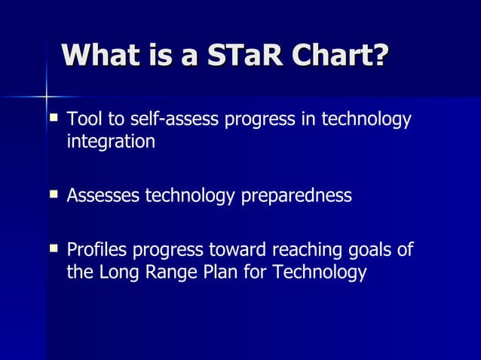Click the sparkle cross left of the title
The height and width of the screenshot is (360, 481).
click(46, 96)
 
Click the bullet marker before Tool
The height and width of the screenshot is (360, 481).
click(54, 118)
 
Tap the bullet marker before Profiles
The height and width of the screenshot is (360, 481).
click(54, 247)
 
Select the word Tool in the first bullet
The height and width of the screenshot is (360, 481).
click(82, 120)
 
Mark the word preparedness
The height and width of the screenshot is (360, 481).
click(296, 197)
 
